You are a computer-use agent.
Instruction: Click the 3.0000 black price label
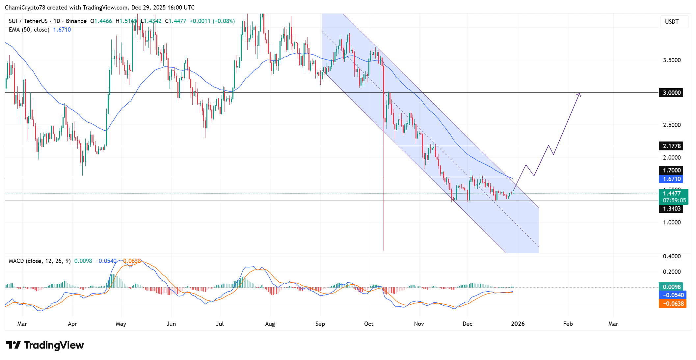[671, 93]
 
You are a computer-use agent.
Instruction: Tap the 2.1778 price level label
[671, 146]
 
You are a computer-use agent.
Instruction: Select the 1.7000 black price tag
[671, 170]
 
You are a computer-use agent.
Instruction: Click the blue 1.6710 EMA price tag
[671, 179]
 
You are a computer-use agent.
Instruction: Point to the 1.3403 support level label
[671, 209]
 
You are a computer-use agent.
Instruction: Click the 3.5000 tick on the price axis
[672, 60]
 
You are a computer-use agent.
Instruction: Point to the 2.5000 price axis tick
[672, 125]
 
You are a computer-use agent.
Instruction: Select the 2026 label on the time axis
[518, 324]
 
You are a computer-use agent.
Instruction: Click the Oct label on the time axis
[369, 324]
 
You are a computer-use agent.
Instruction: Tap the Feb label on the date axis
[568, 324]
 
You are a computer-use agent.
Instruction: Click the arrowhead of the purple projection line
[579, 95]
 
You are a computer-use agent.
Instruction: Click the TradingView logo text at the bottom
[54, 345]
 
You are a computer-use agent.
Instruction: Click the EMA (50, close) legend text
[29, 30]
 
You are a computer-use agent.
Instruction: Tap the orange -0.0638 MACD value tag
[673, 304]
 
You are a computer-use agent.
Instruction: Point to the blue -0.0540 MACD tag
[673, 295]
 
